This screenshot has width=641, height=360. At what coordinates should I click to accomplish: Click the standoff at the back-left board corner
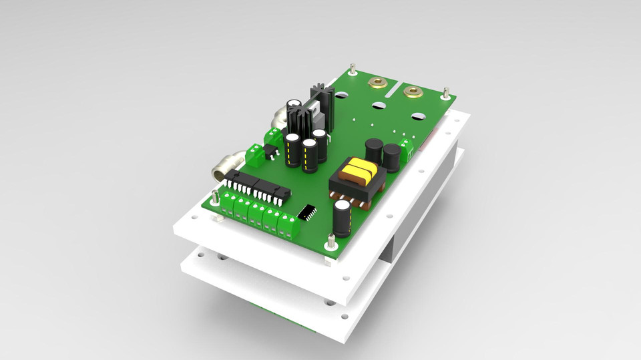[x=353, y=70]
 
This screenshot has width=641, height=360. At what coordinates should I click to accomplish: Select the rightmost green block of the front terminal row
[x=288, y=226]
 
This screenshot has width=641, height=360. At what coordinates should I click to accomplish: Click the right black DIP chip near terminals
[x=275, y=191]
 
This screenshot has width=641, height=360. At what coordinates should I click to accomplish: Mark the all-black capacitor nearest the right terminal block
[x=391, y=158]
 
